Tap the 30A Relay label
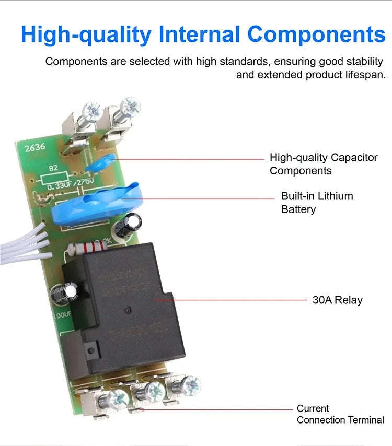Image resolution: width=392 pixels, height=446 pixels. click(337, 300)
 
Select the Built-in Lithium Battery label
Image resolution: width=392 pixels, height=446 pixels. click(317, 203)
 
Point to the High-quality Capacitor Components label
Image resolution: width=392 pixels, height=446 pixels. click(323, 164)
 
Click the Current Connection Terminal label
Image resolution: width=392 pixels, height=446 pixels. click(340, 414)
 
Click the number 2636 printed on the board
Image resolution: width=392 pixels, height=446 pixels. click(35, 148)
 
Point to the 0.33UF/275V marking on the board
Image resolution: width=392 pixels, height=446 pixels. click(70, 184)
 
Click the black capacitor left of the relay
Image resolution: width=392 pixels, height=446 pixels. click(62, 295)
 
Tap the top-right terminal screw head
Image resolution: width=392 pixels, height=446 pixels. click(129, 106)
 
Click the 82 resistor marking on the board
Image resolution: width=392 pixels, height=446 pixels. click(53, 168)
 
